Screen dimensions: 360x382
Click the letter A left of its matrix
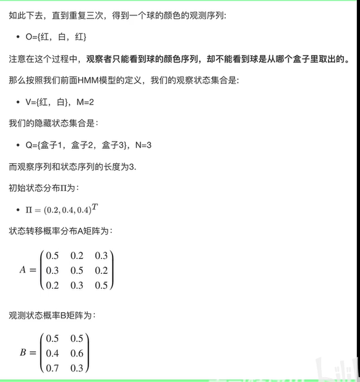pyautogui.click(x=23, y=270)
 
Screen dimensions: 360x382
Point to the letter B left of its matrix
pyautogui.click(x=23, y=352)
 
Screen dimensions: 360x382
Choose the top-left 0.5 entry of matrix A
pyautogui.click(x=53, y=256)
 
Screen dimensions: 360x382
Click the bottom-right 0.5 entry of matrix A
pyautogui.click(x=101, y=284)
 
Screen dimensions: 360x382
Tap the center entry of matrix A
pyautogui.click(x=77, y=270)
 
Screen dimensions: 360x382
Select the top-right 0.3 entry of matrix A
pyautogui.click(x=101, y=256)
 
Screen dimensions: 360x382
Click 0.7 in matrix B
pyautogui.click(x=53, y=368)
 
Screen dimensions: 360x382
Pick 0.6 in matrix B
pyautogui.click(x=77, y=353)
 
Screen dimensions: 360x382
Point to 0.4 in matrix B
pyautogui.click(x=53, y=353)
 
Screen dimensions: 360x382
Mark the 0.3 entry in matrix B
pyautogui.click(x=77, y=368)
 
